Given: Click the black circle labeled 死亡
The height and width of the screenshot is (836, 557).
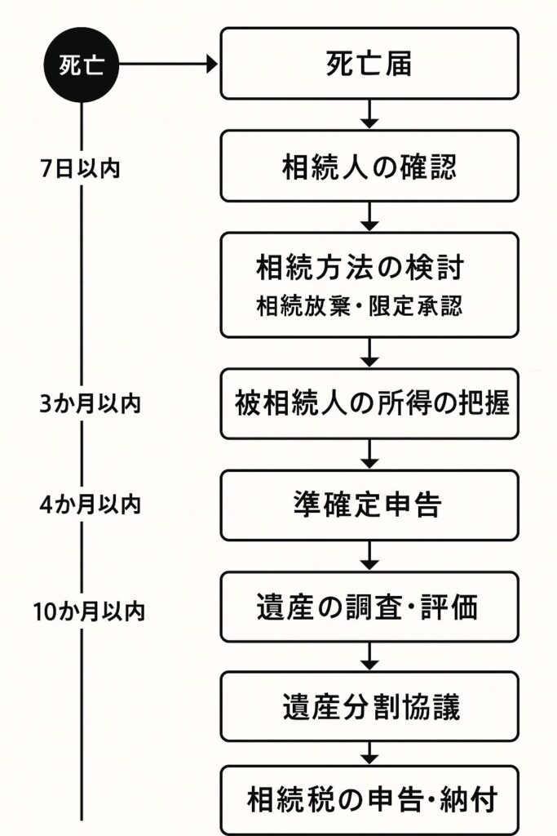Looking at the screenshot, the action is pyautogui.click(x=82, y=64).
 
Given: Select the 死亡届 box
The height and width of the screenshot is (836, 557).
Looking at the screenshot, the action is pyautogui.click(x=369, y=64).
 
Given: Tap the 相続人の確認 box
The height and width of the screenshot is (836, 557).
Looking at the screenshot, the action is pyautogui.click(x=369, y=166).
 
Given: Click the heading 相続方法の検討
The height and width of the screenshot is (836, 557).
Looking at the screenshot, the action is pyautogui.click(x=360, y=267).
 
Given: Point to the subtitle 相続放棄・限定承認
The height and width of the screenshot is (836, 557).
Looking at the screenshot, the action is pyautogui.click(x=360, y=306).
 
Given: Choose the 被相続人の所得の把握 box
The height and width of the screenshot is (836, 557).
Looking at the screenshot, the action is pyautogui.click(x=369, y=403).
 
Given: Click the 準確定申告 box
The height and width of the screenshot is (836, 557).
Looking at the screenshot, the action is pyautogui.click(x=369, y=505).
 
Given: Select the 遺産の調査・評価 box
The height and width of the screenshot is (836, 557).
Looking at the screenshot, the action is pyautogui.click(x=369, y=607).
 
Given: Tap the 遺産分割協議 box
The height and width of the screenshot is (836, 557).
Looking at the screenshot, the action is pyautogui.click(x=369, y=706).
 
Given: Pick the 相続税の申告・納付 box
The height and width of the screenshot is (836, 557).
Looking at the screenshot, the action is pyautogui.click(x=369, y=800).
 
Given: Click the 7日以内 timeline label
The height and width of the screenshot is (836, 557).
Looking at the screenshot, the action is pyautogui.click(x=81, y=168).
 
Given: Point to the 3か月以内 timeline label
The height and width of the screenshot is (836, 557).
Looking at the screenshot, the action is pyautogui.click(x=90, y=403).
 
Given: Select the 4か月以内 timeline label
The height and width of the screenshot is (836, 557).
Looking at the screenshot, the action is pyautogui.click(x=90, y=505).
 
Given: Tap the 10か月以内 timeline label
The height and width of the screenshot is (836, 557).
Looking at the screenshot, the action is pyautogui.click(x=89, y=611).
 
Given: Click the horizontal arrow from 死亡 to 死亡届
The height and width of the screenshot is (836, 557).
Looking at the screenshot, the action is pyautogui.click(x=169, y=64).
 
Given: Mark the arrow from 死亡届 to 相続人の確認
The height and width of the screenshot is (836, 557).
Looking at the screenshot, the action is pyautogui.click(x=369, y=114).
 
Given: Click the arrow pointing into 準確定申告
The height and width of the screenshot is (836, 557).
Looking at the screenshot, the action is pyautogui.click(x=369, y=454).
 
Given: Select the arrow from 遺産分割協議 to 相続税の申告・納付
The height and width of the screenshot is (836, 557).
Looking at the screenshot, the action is pyautogui.click(x=369, y=754).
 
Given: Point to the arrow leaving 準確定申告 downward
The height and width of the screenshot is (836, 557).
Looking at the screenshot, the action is pyautogui.click(x=369, y=556).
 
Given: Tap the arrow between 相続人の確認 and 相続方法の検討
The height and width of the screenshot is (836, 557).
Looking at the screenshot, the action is pyautogui.click(x=369, y=216).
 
